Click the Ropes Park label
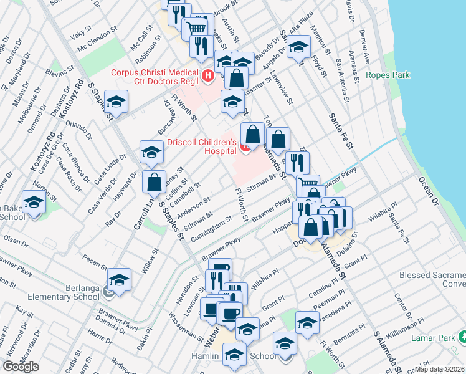click(x=388, y=75)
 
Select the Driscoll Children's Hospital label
click(x=201, y=146)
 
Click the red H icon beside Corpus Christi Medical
click(x=209, y=77)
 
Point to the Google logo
click(x=21, y=367)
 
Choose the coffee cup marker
click(x=231, y=312)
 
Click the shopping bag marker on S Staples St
click(x=154, y=183)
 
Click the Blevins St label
click(x=60, y=72)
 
